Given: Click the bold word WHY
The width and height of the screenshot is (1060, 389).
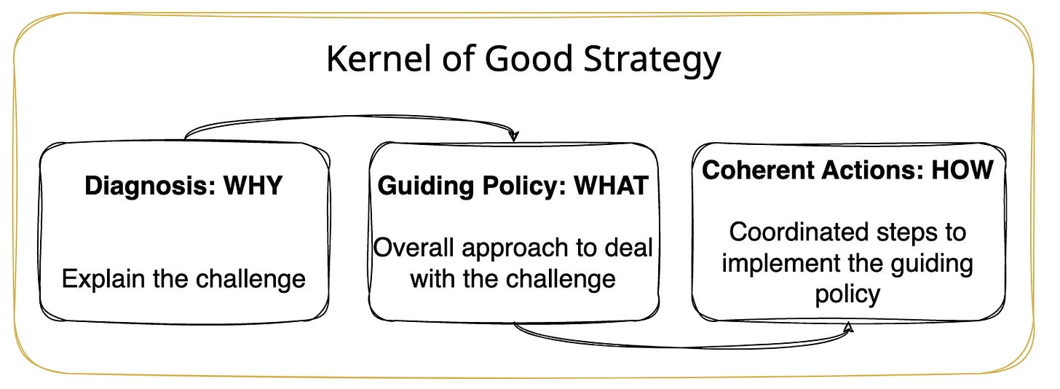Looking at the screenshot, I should (x=253, y=186).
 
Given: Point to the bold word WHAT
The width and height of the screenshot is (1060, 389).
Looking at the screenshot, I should (x=612, y=186).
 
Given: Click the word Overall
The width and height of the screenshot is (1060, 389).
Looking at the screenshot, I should (x=408, y=248).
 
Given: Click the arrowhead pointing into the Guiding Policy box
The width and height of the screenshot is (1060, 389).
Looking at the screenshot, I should (x=514, y=135).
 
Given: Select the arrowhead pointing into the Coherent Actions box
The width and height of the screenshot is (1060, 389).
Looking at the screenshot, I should (x=847, y=329).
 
